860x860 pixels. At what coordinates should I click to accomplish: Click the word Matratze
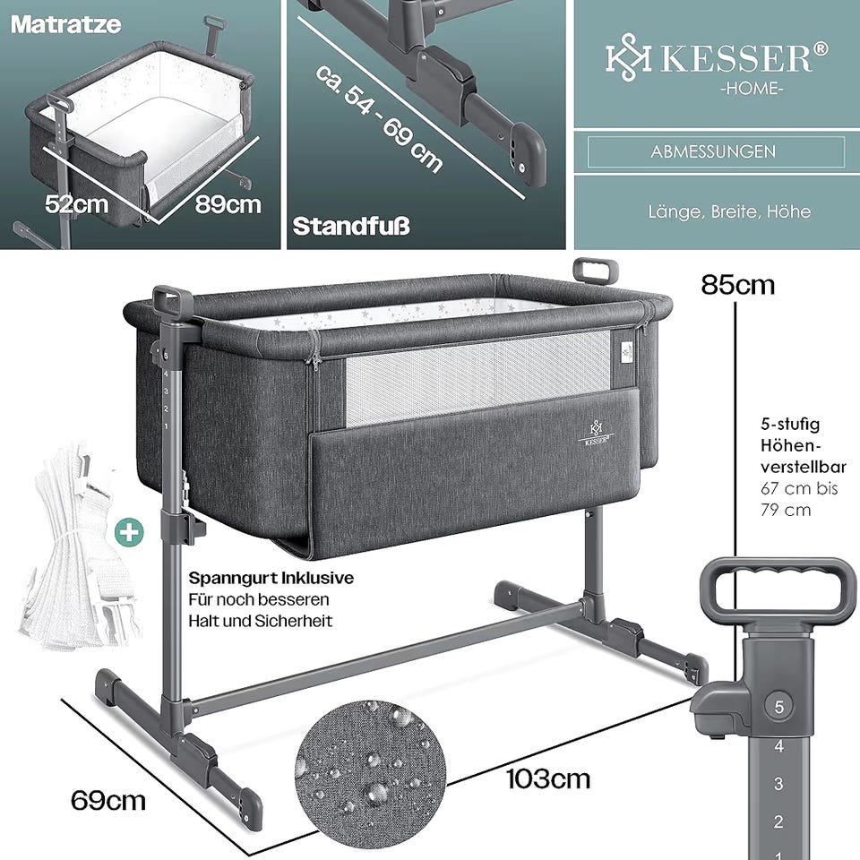[x=65, y=25]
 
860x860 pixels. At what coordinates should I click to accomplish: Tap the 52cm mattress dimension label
[x=76, y=204]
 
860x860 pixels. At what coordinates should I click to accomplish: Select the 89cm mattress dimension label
[x=228, y=204]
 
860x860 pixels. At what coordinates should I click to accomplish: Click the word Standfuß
[x=351, y=226]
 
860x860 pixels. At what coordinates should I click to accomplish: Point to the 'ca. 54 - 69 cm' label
[x=378, y=118]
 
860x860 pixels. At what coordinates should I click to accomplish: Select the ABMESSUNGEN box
[x=716, y=151]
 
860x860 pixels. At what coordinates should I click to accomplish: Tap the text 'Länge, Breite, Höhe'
[x=729, y=211]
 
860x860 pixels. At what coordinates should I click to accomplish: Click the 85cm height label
[x=737, y=285]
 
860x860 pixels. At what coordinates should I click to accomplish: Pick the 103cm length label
[x=547, y=778]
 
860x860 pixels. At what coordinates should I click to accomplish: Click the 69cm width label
[x=108, y=801]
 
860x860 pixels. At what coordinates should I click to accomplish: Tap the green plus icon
[x=129, y=532]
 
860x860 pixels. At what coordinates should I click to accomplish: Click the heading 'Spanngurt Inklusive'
[x=271, y=578]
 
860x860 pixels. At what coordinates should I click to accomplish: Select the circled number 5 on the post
[x=778, y=707]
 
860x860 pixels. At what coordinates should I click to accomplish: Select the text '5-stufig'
[x=790, y=424]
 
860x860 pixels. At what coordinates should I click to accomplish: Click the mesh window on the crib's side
[x=477, y=378]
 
